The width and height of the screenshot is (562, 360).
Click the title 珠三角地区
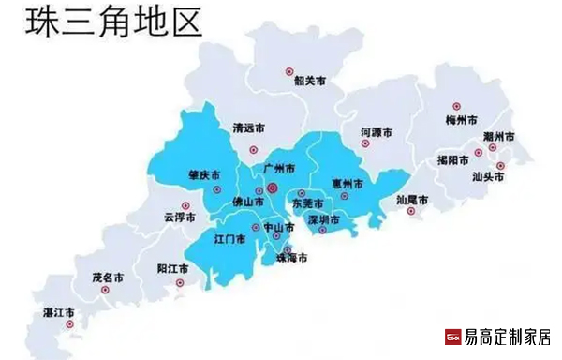tap(113, 22)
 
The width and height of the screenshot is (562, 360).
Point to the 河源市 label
tap(377, 133)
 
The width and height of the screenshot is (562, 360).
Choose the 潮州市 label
tap(498, 137)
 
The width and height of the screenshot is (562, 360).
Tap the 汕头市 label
tap(488, 175)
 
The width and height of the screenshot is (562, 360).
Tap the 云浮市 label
tap(179, 217)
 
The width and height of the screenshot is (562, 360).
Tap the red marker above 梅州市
tap(457, 106)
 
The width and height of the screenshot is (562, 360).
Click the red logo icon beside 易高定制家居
tap(451, 337)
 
